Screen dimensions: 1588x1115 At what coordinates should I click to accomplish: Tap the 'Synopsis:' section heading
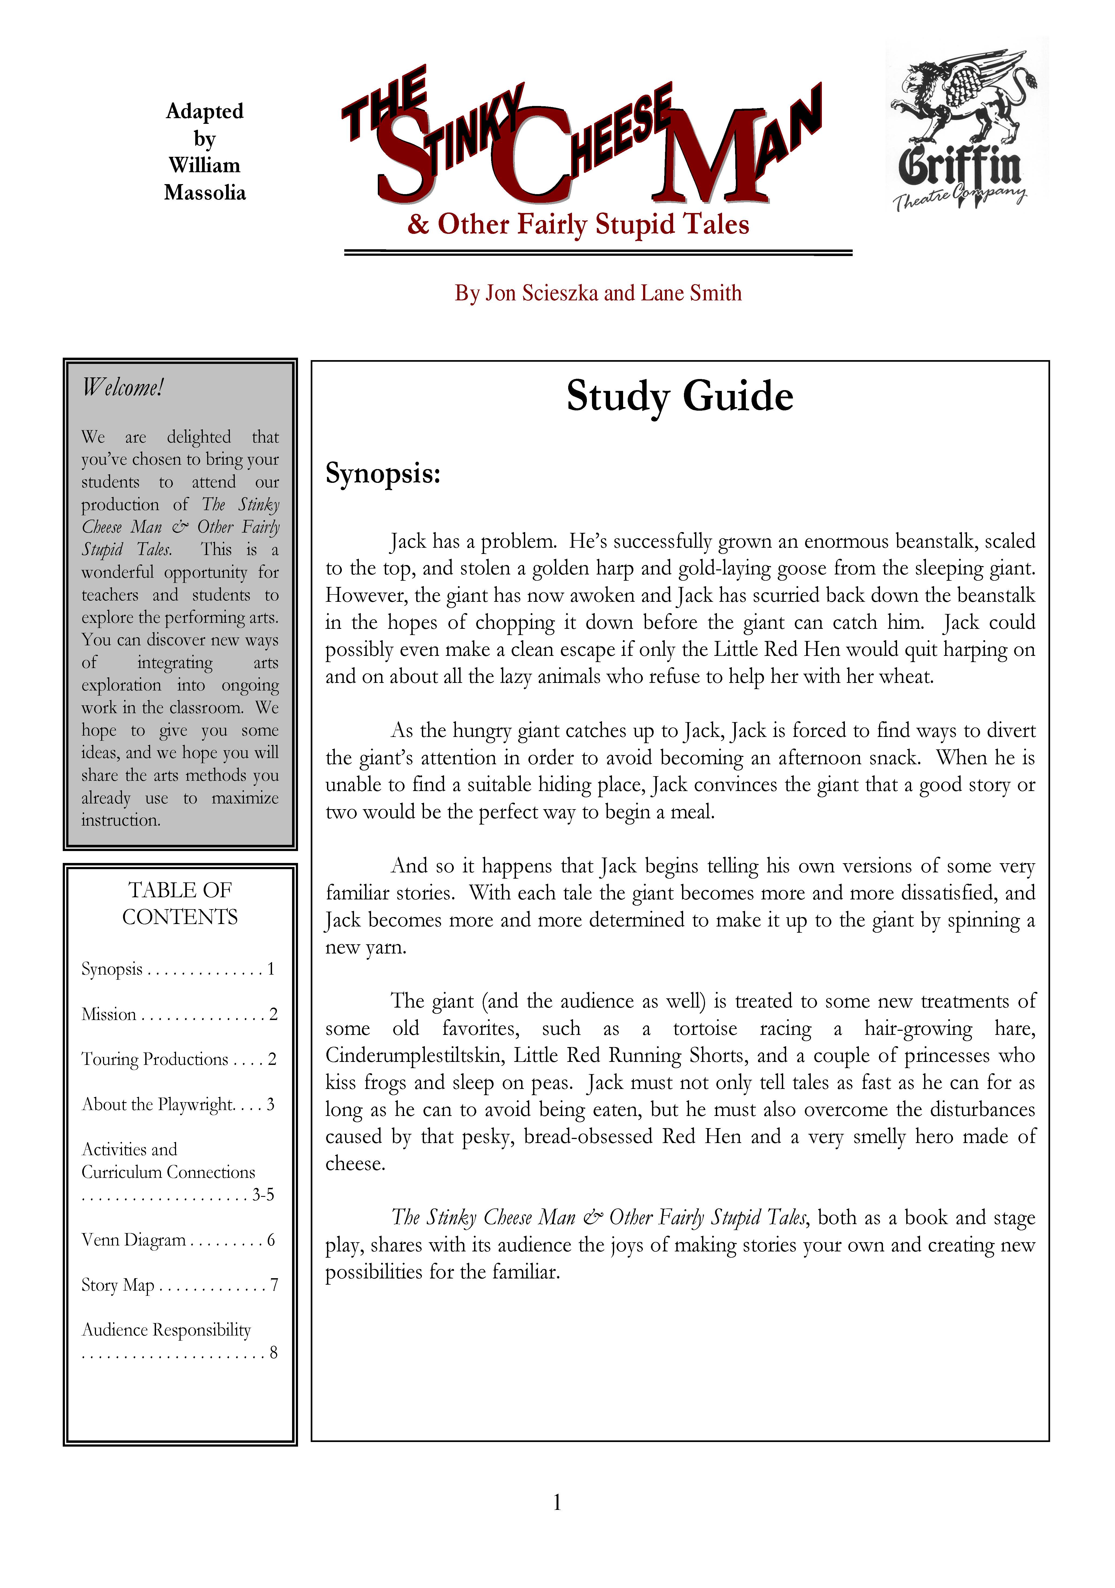(383, 474)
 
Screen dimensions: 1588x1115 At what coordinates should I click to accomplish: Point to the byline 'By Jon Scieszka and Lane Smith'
(598, 293)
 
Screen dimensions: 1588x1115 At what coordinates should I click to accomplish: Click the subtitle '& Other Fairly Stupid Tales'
(578, 224)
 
